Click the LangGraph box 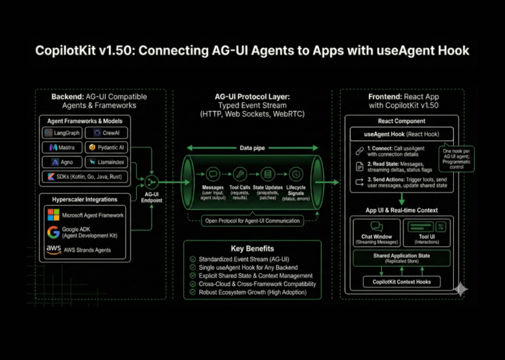[x=65, y=133]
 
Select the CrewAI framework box [x=108, y=133]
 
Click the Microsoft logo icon [x=54, y=215]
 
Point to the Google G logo [x=54, y=233]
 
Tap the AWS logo [x=54, y=250]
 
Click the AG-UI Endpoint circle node [x=154, y=182]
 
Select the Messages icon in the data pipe [x=213, y=174]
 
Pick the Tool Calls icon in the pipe [x=240, y=174]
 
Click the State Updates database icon [x=268, y=174]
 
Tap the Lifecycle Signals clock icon [x=295, y=174]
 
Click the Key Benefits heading [x=252, y=248]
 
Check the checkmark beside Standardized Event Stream [x=194, y=259]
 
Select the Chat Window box [x=376, y=231]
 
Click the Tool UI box [x=427, y=231]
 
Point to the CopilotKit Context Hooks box [x=402, y=281]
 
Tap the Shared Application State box [x=402, y=258]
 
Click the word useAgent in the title [x=385, y=51]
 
